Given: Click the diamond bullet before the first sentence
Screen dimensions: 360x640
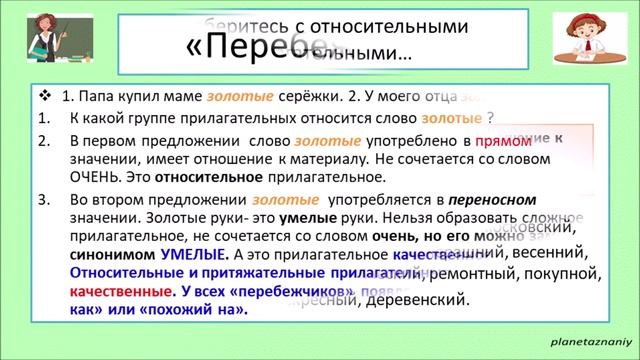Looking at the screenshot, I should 44,97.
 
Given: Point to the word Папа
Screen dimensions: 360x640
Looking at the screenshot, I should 99,97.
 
